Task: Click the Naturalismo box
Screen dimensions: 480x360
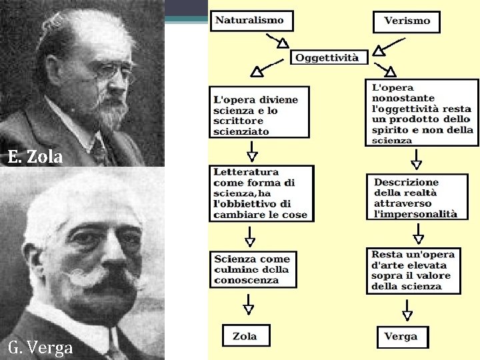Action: coord(249,21)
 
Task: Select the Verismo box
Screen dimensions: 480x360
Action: coord(407,21)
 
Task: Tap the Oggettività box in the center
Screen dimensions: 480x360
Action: coord(327,57)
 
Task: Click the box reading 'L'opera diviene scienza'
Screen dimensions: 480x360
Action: coord(259,111)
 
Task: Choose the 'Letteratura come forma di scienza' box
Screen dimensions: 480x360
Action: coord(261,193)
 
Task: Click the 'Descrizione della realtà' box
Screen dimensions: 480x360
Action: coord(415,197)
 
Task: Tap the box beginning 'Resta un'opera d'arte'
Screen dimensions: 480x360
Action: coord(413,271)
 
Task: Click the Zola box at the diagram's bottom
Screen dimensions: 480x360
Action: coord(245,336)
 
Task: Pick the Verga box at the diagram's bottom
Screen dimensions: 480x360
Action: coord(402,337)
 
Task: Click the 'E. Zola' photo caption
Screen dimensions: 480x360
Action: coord(35,158)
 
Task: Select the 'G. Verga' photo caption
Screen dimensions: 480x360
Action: coord(41,348)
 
